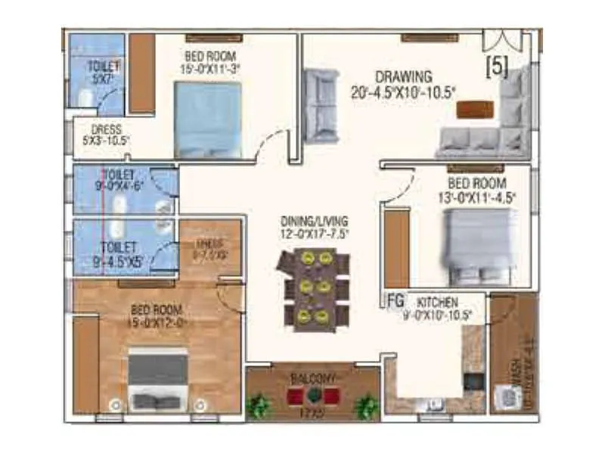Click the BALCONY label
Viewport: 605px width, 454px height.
coord(312,377)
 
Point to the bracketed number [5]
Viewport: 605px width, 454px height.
coord(496,67)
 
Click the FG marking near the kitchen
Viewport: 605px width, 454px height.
coord(395,300)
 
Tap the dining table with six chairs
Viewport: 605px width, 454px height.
coord(312,290)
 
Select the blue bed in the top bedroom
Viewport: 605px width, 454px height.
coord(208,119)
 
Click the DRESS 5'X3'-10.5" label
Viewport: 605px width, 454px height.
coord(105,135)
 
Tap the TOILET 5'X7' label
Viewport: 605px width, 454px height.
coord(103,71)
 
